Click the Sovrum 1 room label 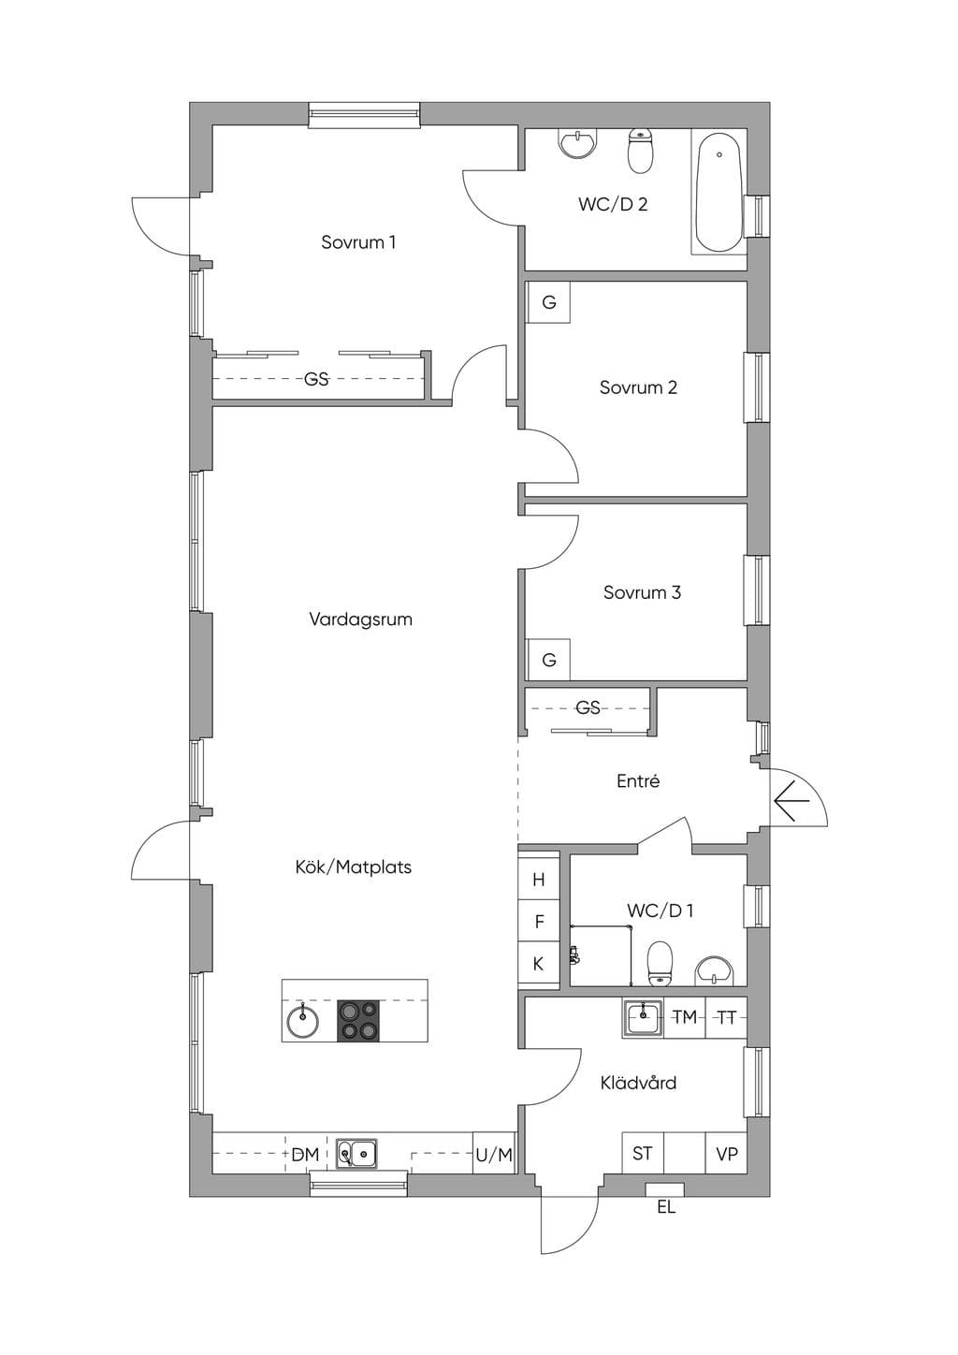[358, 242]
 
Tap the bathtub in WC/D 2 [719, 192]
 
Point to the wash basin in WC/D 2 [577, 144]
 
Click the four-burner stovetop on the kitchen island [358, 1021]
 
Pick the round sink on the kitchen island [302, 1022]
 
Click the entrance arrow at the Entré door [791, 801]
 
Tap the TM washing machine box [685, 1017]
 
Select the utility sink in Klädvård [643, 1018]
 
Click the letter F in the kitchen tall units [539, 922]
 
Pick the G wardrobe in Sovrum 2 [548, 302]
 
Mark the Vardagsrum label [360, 619]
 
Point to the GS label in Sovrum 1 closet [316, 379]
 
